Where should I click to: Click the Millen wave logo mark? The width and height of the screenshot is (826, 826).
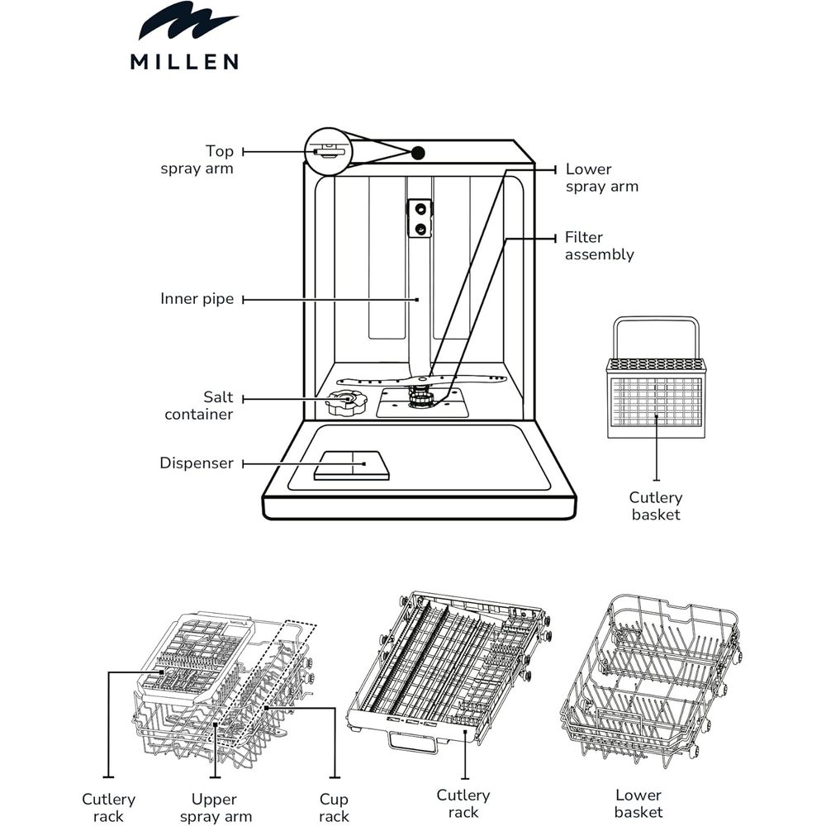(188, 21)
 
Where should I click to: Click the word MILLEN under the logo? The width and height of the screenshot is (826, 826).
(184, 62)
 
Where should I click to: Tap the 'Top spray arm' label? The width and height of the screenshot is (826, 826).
(197, 159)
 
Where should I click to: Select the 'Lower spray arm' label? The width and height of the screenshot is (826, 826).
(601, 178)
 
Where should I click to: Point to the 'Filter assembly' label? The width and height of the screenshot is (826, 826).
(600, 245)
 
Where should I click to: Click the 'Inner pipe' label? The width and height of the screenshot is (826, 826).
(197, 299)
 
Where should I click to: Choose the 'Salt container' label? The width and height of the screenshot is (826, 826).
(198, 406)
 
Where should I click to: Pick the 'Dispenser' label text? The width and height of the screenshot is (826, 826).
(197, 463)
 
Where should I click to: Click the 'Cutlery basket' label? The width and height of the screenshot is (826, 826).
(656, 506)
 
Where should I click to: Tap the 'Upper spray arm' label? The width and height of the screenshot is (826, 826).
(216, 808)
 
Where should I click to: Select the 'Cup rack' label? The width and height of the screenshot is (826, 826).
(334, 808)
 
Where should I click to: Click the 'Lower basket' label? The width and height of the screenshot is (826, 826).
(638, 804)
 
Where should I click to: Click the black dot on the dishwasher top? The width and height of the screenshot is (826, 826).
(418, 154)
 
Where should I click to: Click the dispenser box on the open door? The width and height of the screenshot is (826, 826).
(352, 466)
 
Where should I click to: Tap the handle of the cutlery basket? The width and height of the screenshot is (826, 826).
(657, 338)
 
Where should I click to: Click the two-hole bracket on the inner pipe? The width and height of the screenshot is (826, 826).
(420, 219)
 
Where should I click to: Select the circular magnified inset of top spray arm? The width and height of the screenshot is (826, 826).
(328, 151)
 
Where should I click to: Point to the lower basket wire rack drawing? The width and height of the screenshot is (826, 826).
(652, 681)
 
